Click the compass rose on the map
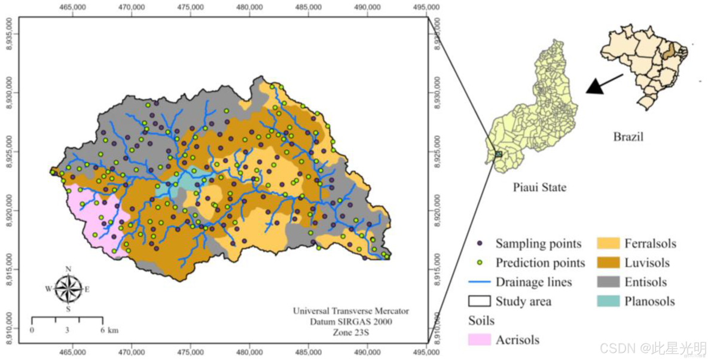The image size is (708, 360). tap(68, 289)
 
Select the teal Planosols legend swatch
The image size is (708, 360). tap(609, 301)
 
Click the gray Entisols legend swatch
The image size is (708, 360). tap(609, 282)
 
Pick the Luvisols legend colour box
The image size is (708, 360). tap(609, 263)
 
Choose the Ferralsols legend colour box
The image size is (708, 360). tap(609, 244)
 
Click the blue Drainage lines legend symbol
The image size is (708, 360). tap(480, 282)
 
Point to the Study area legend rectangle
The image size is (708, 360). tap(480, 301)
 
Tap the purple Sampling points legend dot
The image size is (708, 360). tap(480, 244)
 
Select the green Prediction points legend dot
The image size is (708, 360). tap(480, 263)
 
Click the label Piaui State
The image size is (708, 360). tap(539, 187)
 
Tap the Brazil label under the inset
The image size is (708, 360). tap(628, 137)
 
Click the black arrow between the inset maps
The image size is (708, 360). tap(604, 84)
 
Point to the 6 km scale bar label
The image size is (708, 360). tap(109, 330)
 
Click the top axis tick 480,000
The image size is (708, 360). tap(249, 7)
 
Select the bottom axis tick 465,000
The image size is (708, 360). tap(72, 353)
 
